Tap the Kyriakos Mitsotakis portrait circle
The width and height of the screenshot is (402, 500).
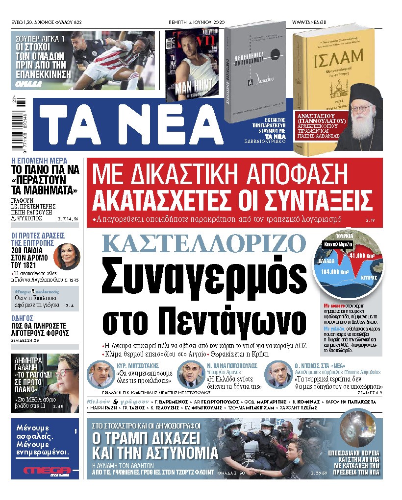point(100,374)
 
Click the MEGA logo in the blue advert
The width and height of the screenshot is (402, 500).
point(45,471)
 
